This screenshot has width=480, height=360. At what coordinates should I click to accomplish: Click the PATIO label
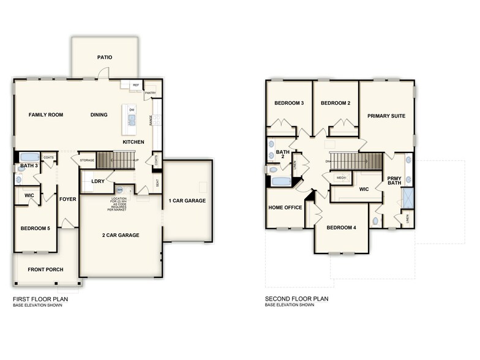[105, 58]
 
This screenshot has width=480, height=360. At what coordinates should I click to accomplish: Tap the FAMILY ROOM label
[46, 114]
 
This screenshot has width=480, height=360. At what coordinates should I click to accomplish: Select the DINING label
[99, 114]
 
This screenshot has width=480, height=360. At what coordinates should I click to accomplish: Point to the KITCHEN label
[133, 142]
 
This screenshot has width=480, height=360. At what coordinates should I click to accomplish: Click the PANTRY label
[150, 93]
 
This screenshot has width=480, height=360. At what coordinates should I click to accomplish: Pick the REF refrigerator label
[135, 85]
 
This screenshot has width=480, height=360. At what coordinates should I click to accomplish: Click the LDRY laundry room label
[97, 181]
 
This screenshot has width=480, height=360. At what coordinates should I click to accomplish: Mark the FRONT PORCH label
[46, 269]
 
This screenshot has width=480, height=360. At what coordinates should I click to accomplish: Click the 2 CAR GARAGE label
[121, 235]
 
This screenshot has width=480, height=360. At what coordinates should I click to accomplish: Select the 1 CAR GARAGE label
[187, 200]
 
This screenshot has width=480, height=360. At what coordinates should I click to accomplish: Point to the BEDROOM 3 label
[289, 103]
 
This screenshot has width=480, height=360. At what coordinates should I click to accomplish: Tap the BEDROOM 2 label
[336, 103]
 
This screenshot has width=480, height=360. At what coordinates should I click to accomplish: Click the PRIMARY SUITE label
[386, 115]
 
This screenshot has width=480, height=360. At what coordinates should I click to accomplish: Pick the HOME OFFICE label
[285, 208]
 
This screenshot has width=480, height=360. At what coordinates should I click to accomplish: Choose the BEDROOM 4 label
[341, 228]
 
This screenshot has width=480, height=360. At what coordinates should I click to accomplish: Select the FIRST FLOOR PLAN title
[40, 299]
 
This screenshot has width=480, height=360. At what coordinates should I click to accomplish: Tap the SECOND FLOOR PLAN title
[297, 299]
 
